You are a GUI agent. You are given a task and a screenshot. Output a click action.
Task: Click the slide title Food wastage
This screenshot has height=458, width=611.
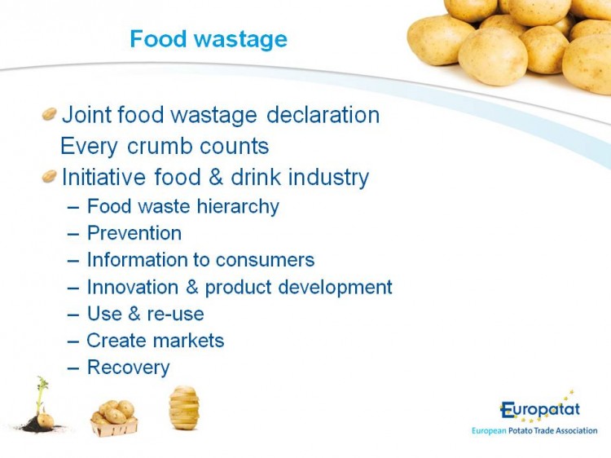pos(209,39)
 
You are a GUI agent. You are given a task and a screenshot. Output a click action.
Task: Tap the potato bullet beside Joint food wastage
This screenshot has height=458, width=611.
pos(50,114)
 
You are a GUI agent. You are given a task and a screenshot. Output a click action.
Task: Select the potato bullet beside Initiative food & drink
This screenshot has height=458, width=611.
pos(50,176)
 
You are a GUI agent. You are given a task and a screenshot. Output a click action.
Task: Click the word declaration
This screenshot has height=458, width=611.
pos(323,115)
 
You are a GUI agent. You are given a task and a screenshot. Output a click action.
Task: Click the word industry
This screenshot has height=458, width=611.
pos(328,178)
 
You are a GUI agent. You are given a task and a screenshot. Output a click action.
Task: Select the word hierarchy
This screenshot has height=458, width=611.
pos(238,206)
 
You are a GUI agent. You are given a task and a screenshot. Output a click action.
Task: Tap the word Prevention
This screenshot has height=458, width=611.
pos(134,233)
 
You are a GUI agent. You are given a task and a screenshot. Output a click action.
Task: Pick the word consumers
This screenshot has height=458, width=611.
pos(265,260)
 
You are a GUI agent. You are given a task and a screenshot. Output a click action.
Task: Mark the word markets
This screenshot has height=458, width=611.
pos(189,341)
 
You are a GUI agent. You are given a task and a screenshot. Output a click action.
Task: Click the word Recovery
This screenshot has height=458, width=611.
pos(129,368)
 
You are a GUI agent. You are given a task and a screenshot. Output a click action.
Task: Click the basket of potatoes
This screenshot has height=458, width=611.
pos(114,417)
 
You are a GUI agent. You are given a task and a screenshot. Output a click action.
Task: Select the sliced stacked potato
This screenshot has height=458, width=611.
pos(184,407)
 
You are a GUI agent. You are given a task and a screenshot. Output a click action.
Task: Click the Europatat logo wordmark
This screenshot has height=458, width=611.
pos(540,409)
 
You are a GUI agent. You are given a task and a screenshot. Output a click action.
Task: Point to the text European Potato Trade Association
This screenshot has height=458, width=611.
pos(534,431)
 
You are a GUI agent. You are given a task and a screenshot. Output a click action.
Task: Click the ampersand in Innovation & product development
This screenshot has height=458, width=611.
pos(192,287)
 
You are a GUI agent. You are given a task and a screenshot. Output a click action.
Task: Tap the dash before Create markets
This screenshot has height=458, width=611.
pos(73,341)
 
